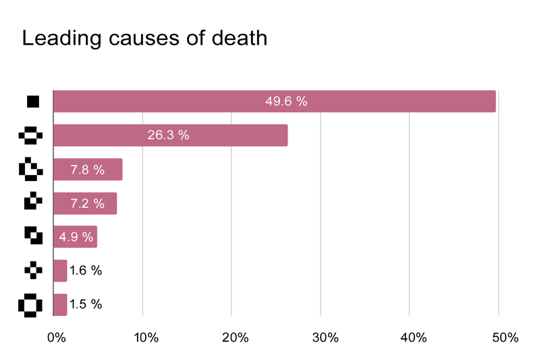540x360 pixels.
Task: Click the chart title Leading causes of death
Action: [x=144, y=38]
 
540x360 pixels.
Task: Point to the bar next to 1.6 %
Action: [x=60, y=270]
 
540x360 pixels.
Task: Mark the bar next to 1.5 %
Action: [x=60, y=304]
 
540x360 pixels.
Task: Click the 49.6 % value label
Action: [x=286, y=101]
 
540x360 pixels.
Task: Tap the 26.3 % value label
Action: [x=168, y=135]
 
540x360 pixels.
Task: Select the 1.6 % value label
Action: [x=86, y=270]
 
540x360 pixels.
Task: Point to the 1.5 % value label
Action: [x=86, y=304]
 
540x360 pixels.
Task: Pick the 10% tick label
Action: [x=143, y=337]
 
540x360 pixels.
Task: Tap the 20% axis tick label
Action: [x=232, y=337]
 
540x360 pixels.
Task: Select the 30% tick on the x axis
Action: [x=321, y=337]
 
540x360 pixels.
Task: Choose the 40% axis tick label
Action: [x=410, y=337]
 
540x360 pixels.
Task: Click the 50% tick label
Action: [x=499, y=337]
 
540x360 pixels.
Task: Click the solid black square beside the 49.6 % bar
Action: [x=32, y=101]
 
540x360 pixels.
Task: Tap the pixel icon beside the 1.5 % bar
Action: [x=30, y=304]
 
